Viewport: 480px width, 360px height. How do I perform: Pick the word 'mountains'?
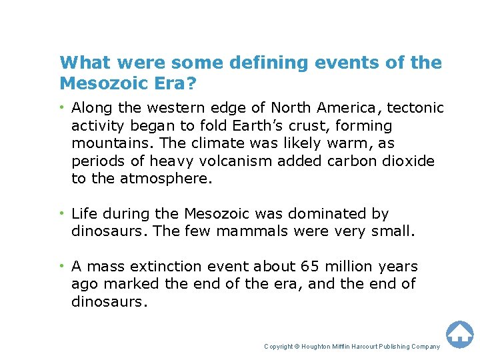pyautogui.click(x=105, y=143)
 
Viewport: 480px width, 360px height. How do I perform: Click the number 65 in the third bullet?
pyautogui.click(x=308, y=267)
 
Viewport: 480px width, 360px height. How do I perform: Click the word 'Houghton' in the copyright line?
pyautogui.click(x=319, y=347)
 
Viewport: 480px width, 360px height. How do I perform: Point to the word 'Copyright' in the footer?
pyautogui.click(x=279, y=347)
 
